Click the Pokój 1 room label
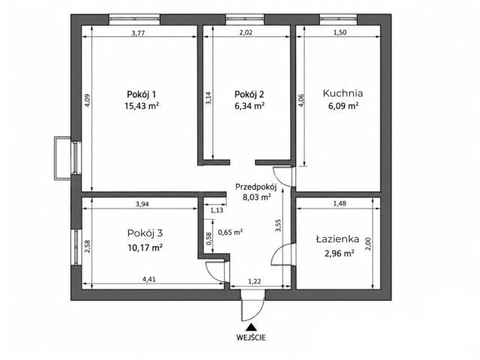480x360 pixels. click(142, 94)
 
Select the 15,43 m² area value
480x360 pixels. click(142, 106)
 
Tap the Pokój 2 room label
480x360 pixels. click(249, 94)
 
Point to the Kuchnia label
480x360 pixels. click(343, 93)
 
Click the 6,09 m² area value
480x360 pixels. click(343, 106)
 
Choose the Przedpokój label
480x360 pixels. click(256, 187)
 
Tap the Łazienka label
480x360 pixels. click(337, 238)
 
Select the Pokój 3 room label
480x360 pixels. click(145, 233)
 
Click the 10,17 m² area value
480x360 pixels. click(145, 247)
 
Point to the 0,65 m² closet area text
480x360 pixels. click(230, 232)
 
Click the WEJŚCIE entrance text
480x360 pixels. click(251, 337)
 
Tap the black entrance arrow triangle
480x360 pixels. click(251, 327)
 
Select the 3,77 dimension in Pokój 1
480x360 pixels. click(138, 33)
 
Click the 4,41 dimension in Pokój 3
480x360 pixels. click(149, 280)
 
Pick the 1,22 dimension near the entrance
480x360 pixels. click(254, 281)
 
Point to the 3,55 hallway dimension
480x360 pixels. click(278, 225)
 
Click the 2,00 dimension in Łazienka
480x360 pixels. click(368, 244)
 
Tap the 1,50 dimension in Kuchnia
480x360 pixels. click(340, 33)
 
